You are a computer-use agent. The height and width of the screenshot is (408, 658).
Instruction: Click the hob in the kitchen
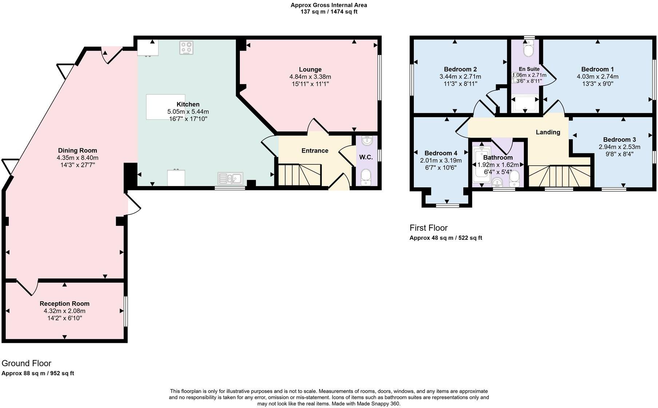[x=186, y=48]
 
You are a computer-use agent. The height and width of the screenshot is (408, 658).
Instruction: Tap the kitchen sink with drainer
[x=230, y=178]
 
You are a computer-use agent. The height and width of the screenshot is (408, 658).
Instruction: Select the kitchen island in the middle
[x=165, y=107]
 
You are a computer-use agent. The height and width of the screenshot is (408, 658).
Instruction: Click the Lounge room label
[x=310, y=70]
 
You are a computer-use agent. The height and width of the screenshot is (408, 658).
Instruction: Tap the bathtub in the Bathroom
[x=481, y=164]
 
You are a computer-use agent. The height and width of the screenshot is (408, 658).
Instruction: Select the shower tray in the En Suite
[x=525, y=103]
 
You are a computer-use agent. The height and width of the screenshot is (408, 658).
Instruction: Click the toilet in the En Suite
[x=528, y=49]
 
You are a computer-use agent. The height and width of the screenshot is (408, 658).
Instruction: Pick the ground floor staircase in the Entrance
[x=300, y=175]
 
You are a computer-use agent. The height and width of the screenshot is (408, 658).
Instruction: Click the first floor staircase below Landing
[x=559, y=176]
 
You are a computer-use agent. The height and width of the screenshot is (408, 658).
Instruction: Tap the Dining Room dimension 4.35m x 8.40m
[x=78, y=158]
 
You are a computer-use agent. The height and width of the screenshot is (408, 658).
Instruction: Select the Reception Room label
[x=64, y=303]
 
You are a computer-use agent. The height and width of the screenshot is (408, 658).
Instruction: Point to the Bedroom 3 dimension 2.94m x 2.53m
[x=619, y=147]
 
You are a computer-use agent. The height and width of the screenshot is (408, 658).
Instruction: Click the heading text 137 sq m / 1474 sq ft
[x=329, y=12]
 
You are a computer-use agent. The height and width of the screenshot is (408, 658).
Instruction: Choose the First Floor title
[x=428, y=228]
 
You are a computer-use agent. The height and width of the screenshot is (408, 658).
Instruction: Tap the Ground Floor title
[x=26, y=363]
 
